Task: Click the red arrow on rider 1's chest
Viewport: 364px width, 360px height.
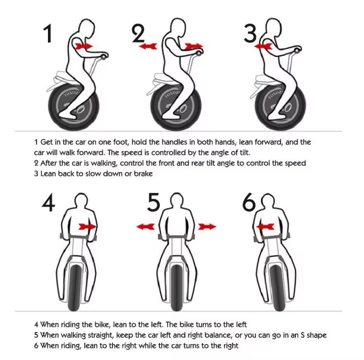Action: tap(83, 46)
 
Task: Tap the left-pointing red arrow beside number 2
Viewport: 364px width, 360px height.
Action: tap(148, 46)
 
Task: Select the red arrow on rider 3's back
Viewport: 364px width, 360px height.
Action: tap(263, 46)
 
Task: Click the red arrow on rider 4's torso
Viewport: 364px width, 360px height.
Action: tap(88, 226)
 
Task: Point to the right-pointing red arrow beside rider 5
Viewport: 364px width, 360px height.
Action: tap(207, 226)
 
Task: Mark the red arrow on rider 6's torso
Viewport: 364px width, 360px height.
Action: tap(265, 226)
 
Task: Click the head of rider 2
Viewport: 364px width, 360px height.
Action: tap(178, 27)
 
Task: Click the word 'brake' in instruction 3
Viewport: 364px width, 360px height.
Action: tap(143, 174)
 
